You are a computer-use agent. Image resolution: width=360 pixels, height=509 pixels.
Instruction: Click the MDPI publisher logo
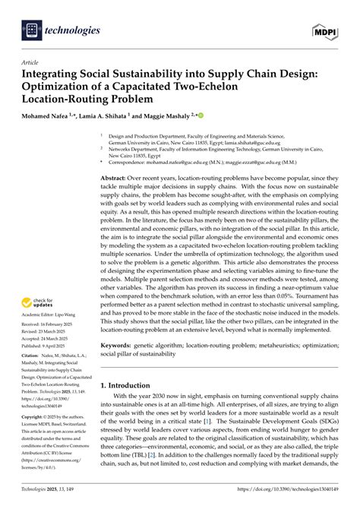(324, 30)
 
